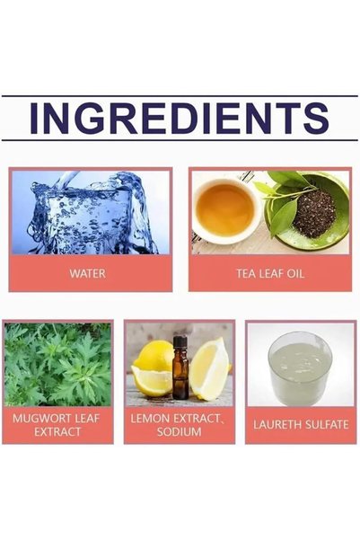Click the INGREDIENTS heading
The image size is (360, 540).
pyautogui.click(x=179, y=118)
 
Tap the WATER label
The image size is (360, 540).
pyautogui.click(x=87, y=274)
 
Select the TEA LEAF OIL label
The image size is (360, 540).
pyautogui.click(x=270, y=274)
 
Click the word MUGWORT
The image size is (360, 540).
pyautogui.click(x=40, y=419)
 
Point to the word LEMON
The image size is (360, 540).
pyautogui.click(x=150, y=419)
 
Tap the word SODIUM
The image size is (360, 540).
pyautogui.click(x=179, y=432)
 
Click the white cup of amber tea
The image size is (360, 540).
pyautogui.click(x=225, y=209)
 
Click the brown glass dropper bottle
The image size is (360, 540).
pyautogui.click(x=180, y=367)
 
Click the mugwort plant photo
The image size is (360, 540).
pyautogui.click(x=57, y=364)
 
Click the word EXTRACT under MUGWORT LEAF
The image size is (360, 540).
pyautogui.click(x=57, y=432)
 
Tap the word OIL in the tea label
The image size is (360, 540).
pyautogui.click(x=295, y=274)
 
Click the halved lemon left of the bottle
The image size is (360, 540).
pyautogui.click(x=153, y=369)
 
